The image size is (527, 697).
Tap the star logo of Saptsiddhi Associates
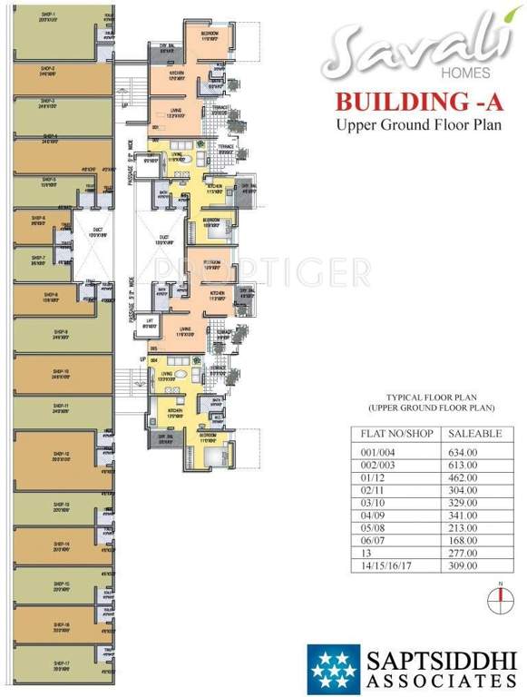coord(333,669)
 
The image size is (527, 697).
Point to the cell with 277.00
coord(462,552)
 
